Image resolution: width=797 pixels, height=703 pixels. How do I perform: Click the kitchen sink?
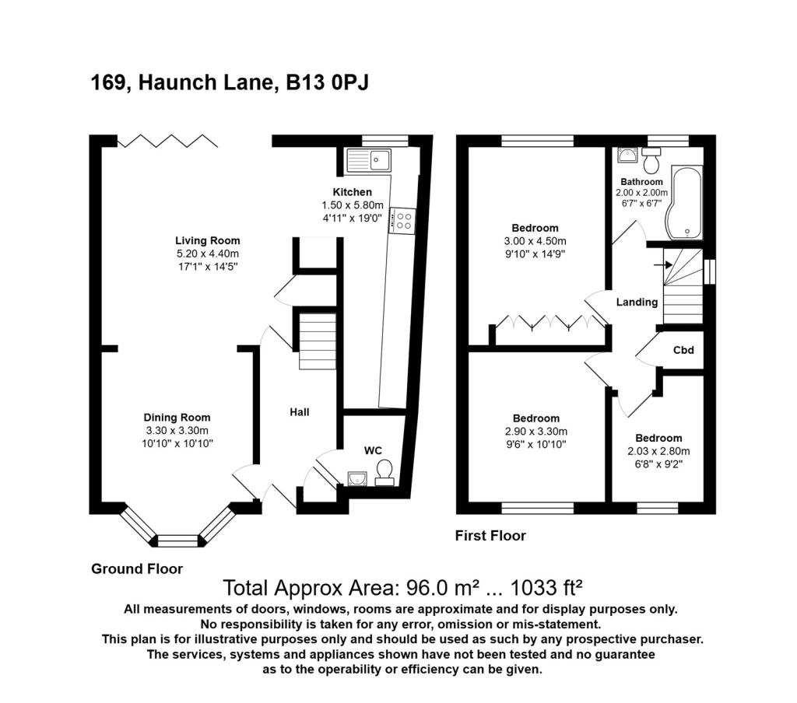tap(369, 160)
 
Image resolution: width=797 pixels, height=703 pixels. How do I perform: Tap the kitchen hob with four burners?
tap(402, 221)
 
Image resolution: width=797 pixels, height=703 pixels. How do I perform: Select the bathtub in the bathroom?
tap(684, 203)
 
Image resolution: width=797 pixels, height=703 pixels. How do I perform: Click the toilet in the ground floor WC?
tap(384, 473)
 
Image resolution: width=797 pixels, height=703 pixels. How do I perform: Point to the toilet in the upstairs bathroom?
tap(651, 160)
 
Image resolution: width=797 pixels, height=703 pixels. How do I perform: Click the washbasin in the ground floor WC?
tap(357, 478)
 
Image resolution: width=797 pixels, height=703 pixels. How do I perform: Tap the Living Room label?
tap(207, 241)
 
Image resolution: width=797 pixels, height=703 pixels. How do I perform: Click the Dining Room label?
tap(177, 418)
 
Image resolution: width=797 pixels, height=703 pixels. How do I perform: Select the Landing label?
tap(637, 303)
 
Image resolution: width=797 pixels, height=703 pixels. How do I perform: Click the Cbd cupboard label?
tap(683, 350)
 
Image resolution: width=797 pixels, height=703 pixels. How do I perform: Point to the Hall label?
tap(300, 412)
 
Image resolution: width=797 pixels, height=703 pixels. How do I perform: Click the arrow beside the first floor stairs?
tap(663, 264)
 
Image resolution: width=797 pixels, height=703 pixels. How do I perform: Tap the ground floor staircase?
tap(318, 341)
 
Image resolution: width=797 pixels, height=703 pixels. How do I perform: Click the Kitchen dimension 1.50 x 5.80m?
tap(353, 205)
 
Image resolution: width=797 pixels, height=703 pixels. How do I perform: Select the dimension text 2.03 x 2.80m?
tap(658, 451)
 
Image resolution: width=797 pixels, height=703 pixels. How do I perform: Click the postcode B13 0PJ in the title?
tap(328, 82)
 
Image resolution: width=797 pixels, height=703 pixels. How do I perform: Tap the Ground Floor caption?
tap(137, 569)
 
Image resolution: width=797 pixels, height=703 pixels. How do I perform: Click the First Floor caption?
tap(490, 535)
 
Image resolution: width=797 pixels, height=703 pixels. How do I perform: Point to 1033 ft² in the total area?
tap(546, 588)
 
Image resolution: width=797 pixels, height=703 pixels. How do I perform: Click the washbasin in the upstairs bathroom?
tap(627, 155)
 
